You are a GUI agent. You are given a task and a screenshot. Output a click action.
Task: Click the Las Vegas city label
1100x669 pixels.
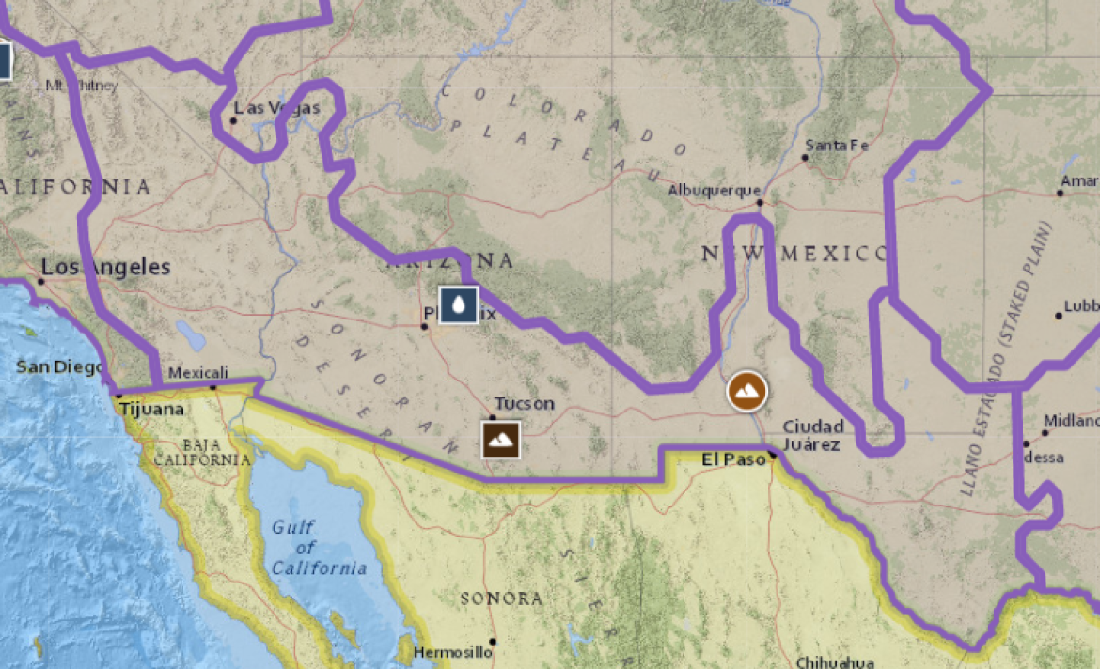click(x=277, y=108)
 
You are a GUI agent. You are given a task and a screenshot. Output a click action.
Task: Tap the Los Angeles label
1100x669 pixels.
click(x=106, y=267)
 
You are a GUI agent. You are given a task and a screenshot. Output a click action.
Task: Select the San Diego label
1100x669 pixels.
click(x=59, y=366)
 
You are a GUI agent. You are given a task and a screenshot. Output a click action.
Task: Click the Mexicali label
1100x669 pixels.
click(x=198, y=373)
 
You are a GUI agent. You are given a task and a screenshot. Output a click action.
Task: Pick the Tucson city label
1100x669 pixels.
click(x=525, y=404)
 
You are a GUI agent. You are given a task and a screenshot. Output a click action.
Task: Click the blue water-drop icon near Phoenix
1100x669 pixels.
click(x=458, y=303)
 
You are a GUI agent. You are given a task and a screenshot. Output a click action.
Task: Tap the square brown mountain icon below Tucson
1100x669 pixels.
click(x=501, y=439)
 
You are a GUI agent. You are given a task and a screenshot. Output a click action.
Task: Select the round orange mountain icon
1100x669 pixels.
click(x=747, y=390)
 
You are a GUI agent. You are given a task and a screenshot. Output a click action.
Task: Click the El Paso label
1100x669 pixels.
click(x=735, y=459)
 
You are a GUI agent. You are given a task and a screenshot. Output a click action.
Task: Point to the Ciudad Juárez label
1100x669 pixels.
click(x=813, y=435)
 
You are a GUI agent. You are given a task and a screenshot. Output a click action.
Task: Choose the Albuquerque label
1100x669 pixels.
click(x=714, y=191)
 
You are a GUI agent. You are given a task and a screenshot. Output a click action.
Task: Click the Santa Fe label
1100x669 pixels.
click(x=838, y=145)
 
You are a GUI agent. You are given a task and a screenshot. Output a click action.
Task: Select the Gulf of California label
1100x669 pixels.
click(x=320, y=548)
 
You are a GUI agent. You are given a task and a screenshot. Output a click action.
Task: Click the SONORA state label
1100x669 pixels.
click(x=501, y=599)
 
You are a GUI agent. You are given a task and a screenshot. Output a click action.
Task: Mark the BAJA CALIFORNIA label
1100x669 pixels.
click(x=203, y=452)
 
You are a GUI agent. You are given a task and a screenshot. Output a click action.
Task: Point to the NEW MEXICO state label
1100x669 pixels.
click(x=794, y=254)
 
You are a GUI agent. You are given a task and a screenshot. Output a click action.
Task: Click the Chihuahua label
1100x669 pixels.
click(x=835, y=661)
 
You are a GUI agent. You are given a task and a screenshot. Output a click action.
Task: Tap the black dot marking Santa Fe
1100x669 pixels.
click(x=805, y=157)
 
